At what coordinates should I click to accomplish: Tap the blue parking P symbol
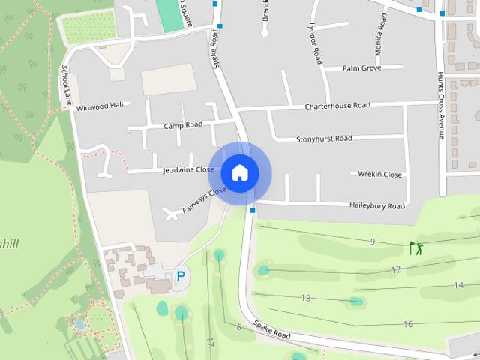pos(180,277)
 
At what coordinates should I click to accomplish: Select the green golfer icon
pos(416,247)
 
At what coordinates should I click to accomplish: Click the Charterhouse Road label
pos(337,106)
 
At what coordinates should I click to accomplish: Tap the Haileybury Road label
pos(376,206)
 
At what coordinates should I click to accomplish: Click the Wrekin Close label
pos(379,175)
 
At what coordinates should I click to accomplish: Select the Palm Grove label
pos(362,68)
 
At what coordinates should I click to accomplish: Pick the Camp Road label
pos(184,125)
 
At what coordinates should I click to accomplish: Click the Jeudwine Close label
pos(188,170)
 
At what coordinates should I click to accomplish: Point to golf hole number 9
pos(372,241)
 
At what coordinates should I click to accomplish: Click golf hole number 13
pos(306,298)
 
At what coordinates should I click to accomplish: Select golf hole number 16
pos(408,324)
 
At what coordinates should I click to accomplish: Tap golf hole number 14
pos(458,285)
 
